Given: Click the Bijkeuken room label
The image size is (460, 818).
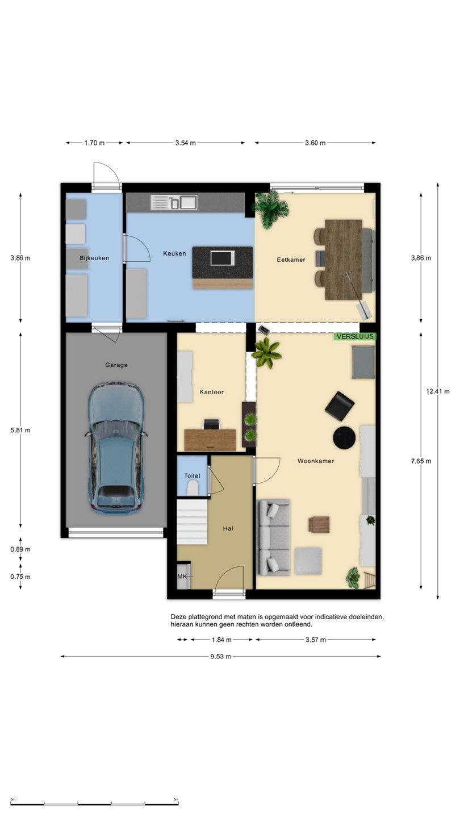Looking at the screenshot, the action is [94, 258].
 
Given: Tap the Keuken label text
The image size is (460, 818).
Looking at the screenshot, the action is [174, 253].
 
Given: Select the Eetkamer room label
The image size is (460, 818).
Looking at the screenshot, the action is [291, 260].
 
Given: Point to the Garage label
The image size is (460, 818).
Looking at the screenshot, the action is [116, 365].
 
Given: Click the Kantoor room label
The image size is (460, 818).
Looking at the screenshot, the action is [211, 392].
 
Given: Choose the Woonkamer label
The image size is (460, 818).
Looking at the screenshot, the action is [315, 461].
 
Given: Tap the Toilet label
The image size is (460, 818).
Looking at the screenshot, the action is [192, 475].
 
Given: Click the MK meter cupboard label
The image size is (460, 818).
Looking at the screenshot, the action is [182, 577].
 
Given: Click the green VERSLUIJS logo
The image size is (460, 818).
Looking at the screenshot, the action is [355, 336].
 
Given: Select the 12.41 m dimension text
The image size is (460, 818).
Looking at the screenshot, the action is [438, 391].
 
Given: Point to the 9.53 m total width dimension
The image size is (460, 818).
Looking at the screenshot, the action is [220, 656].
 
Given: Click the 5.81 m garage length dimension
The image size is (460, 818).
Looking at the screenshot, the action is [20, 430].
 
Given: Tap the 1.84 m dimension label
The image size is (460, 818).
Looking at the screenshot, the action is [221, 640].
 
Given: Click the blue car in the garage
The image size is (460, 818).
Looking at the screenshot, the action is [116, 448].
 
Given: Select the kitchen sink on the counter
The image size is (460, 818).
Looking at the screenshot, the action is [174, 202].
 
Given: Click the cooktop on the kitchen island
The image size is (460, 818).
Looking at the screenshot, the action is [223, 258].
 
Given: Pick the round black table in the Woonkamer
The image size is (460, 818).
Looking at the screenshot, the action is [344, 437].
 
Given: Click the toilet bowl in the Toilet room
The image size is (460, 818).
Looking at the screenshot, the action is [193, 488].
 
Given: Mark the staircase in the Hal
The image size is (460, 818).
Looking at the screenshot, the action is [192, 522].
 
